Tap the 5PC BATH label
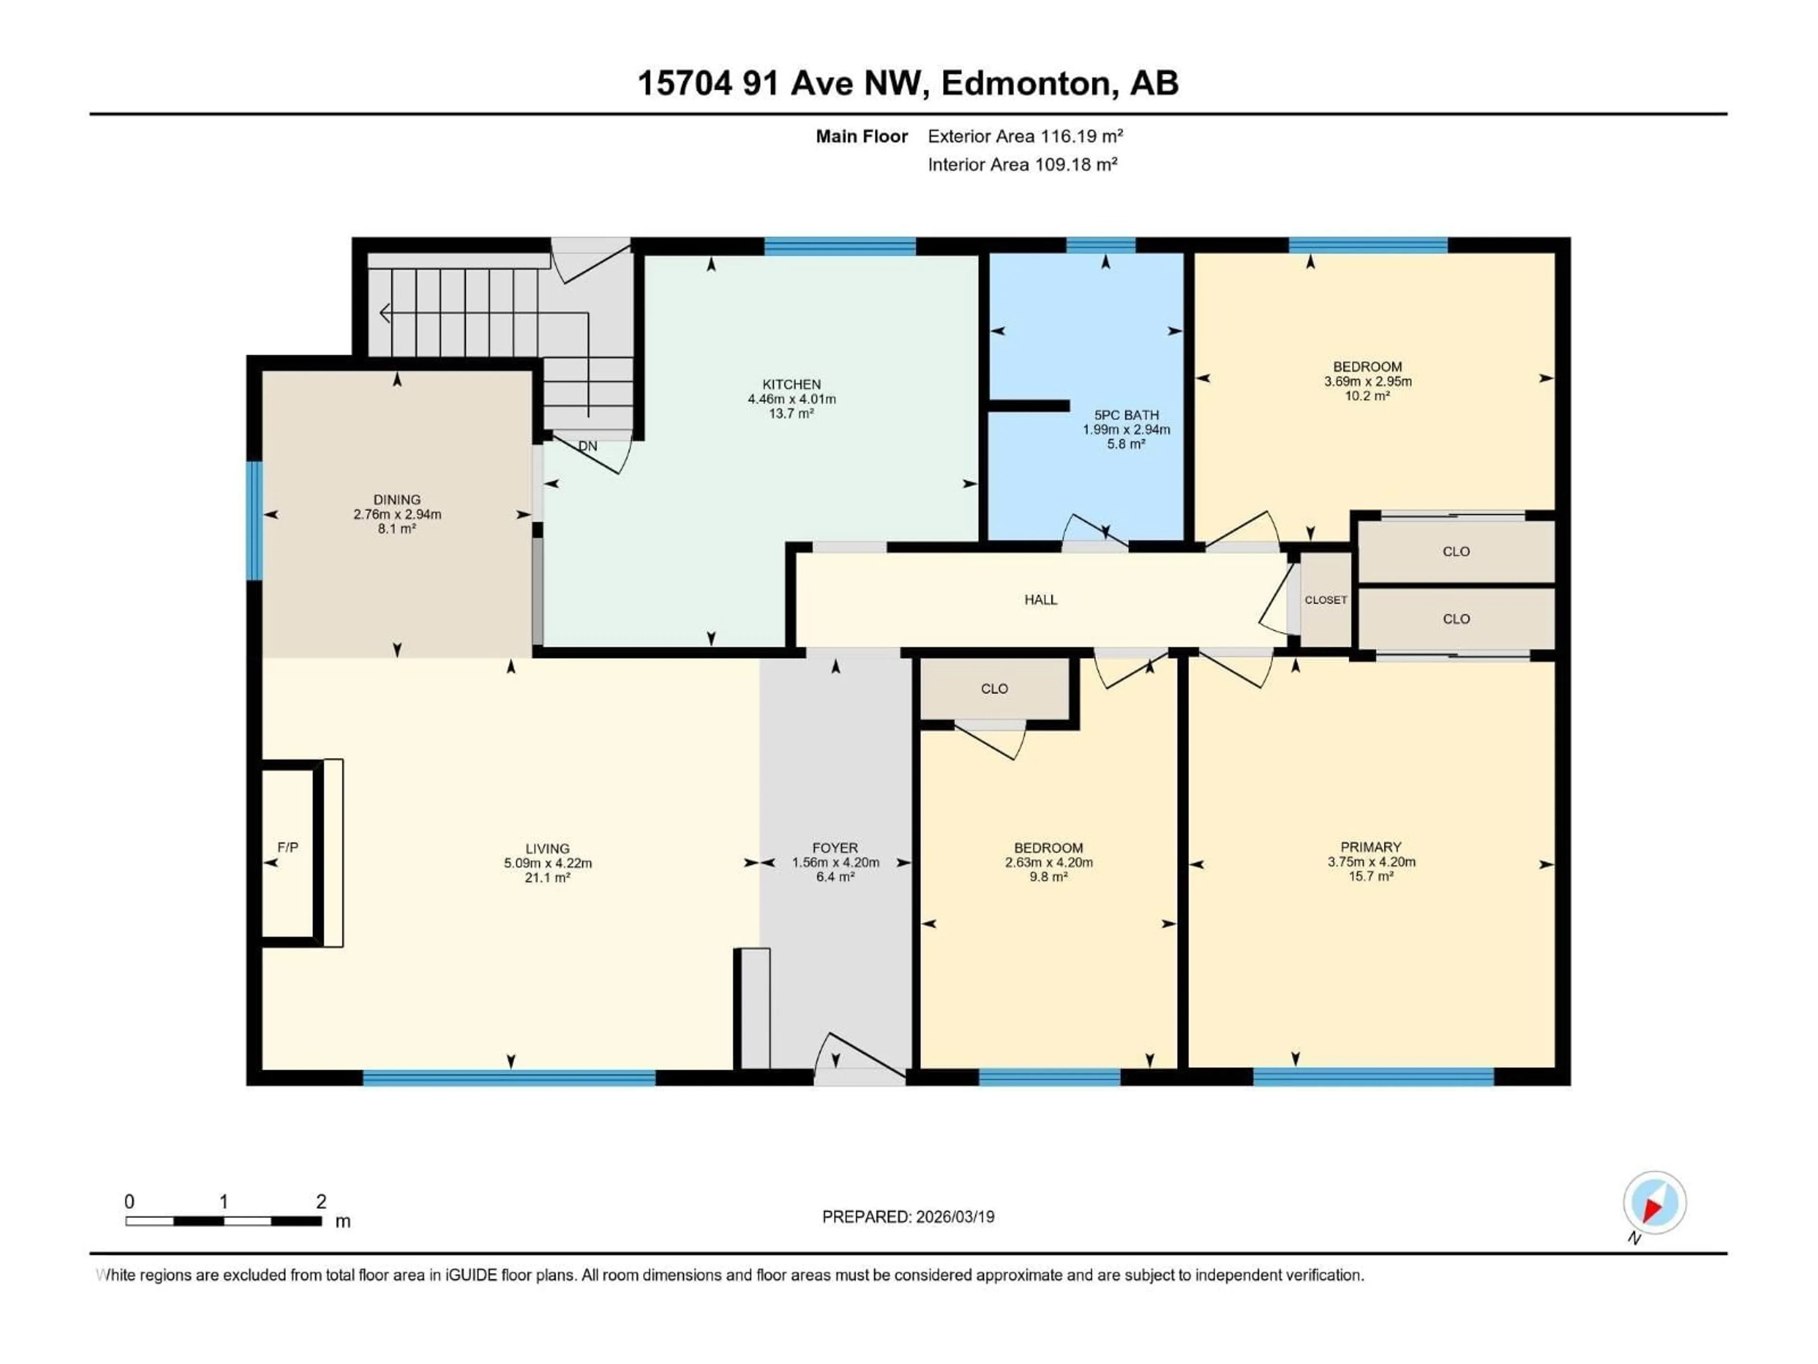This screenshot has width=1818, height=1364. tap(1126, 415)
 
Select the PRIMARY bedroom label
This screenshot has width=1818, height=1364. tap(1370, 847)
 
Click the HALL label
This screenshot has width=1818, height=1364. tap(1041, 600)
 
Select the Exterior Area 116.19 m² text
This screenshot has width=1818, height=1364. tap(1025, 136)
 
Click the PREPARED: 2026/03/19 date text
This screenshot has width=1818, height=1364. tap(908, 1217)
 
